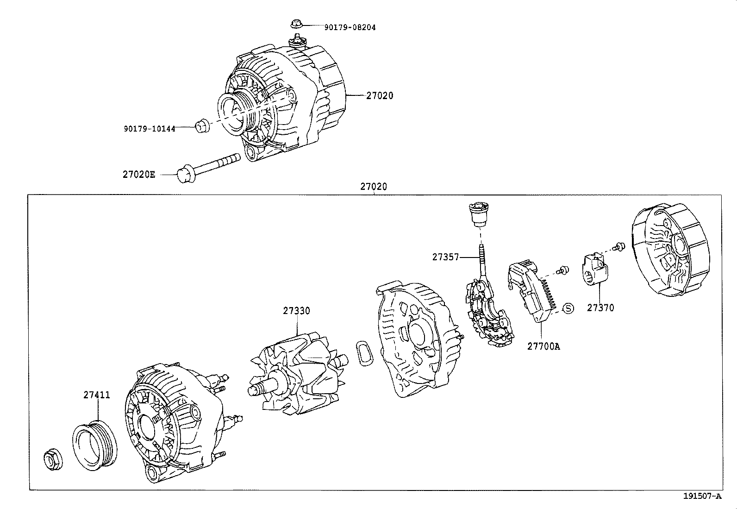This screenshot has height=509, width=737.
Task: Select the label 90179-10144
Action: pyautogui.click(x=150, y=129)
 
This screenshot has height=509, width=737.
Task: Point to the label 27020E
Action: pyautogui.click(x=139, y=175)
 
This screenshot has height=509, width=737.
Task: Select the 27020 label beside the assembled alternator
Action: pyautogui.click(x=379, y=96)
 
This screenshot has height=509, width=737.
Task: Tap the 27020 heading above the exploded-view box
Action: pyautogui.click(x=373, y=187)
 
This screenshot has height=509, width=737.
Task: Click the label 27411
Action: pyautogui.click(x=97, y=395)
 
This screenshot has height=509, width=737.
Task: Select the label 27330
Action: pyautogui.click(x=296, y=311)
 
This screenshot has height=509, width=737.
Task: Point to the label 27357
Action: pyautogui.click(x=445, y=257)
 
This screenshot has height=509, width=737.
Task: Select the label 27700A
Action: pyautogui.click(x=543, y=346)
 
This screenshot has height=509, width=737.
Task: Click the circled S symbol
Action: pyautogui.click(x=568, y=308)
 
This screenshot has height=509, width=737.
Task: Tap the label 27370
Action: pyautogui.click(x=600, y=308)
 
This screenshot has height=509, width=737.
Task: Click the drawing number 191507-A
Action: pyautogui.click(x=702, y=496)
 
